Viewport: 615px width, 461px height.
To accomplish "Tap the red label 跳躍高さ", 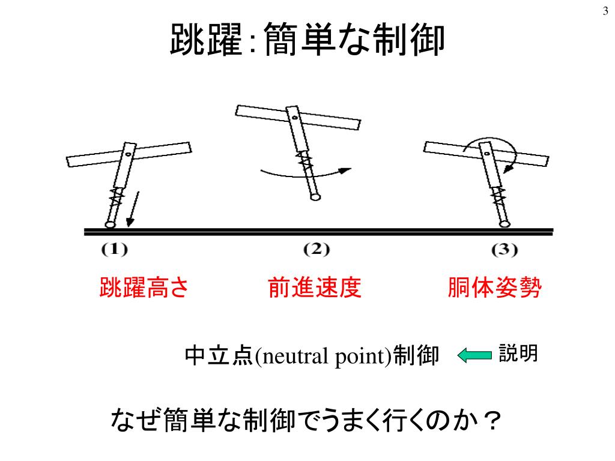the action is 144,289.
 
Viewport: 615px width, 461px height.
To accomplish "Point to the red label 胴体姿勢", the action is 494,289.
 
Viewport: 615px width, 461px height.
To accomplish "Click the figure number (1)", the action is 114,250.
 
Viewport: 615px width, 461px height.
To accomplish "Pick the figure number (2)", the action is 317,250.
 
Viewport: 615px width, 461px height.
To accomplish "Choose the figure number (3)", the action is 504,250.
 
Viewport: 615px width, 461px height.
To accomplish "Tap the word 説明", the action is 518,353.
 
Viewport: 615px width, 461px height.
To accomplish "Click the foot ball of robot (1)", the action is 109,224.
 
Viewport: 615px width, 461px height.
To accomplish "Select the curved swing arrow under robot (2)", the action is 306,173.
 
